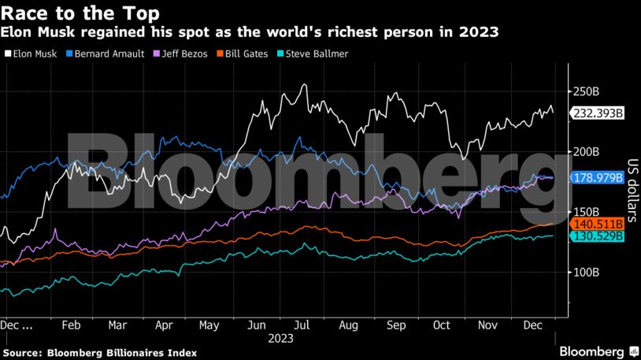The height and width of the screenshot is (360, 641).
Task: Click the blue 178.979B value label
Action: point(598,177)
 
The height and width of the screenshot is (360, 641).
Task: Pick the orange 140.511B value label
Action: point(598,224)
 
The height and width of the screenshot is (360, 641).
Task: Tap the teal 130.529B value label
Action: point(598,236)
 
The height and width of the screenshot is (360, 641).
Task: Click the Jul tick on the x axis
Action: point(302,325)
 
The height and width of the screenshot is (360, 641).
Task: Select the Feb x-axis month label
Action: point(70,325)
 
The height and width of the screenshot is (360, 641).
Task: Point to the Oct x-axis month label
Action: point(442,325)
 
